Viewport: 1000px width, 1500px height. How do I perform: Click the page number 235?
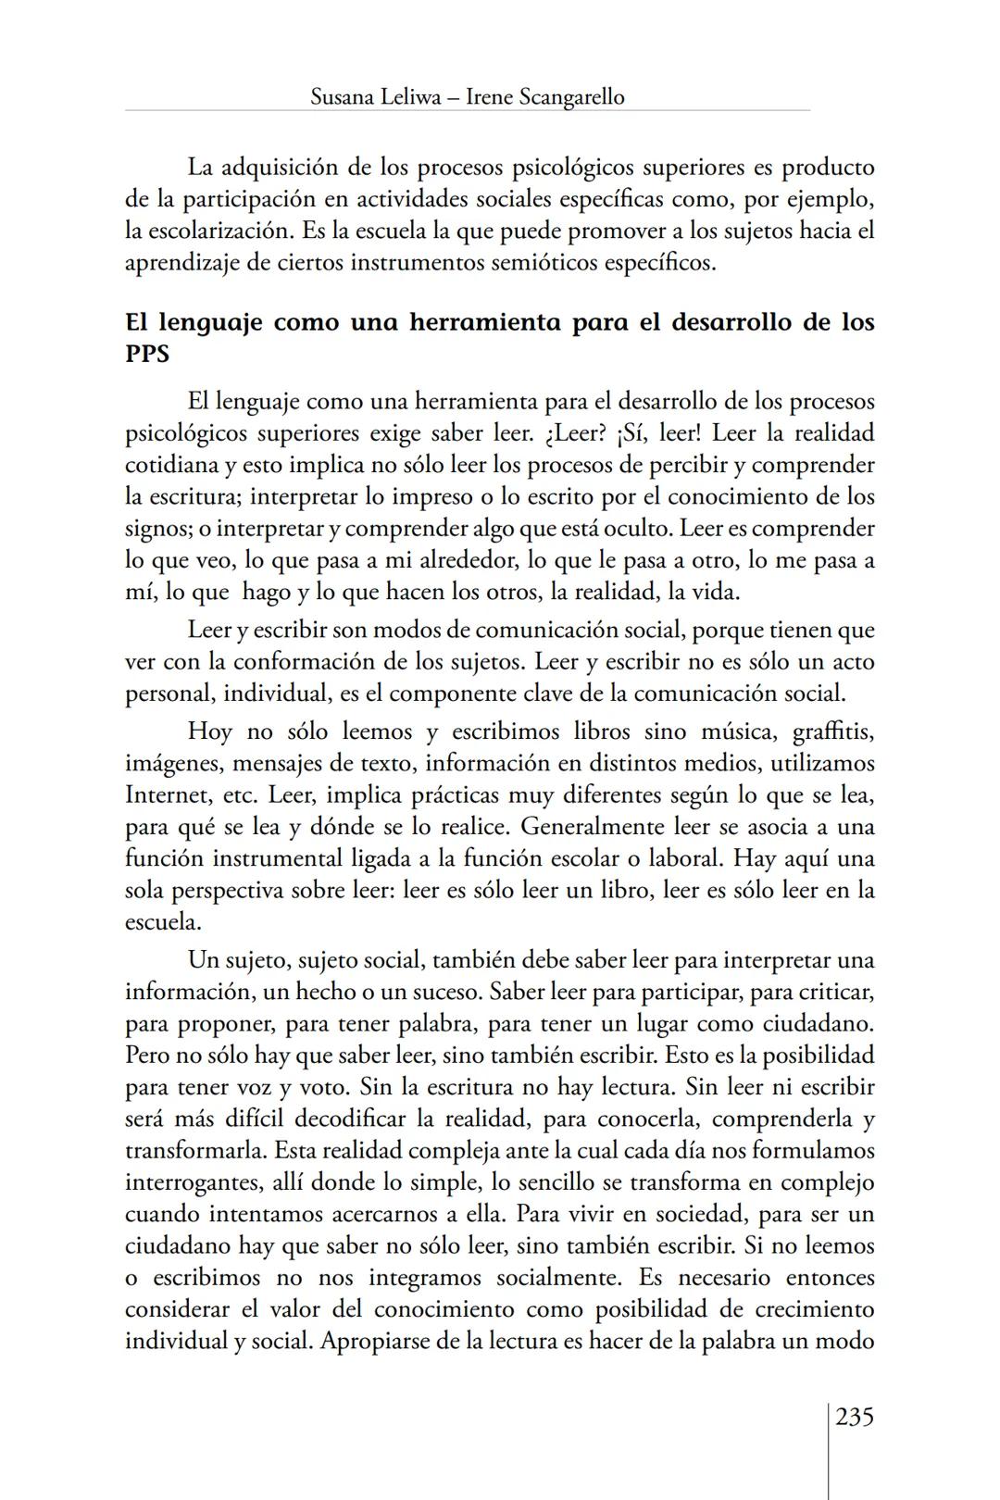(854, 1417)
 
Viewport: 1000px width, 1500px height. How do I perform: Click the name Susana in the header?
(343, 96)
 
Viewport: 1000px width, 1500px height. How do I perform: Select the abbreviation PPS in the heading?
(147, 354)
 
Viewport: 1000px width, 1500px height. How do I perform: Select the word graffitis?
(833, 731)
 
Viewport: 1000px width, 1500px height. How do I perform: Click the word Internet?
(166, 794)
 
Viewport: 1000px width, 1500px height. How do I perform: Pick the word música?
(737, 731)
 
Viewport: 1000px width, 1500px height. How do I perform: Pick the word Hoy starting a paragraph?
(209, 731)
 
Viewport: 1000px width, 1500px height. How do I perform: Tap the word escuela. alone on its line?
(163, 922)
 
